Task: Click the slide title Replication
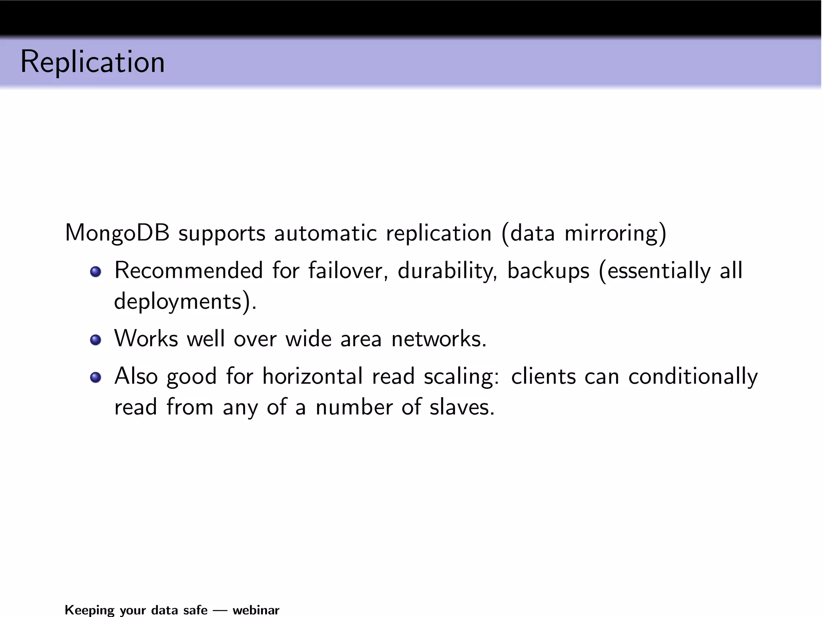92,62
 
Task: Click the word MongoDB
117,233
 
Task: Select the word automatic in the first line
325,233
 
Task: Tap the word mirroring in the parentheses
611,233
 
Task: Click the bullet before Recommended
95,272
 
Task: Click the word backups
548,270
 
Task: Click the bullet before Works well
95,340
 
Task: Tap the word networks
438,339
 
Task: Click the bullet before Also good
95,378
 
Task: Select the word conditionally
693,376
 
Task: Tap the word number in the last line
354,407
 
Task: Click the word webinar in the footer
256,610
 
